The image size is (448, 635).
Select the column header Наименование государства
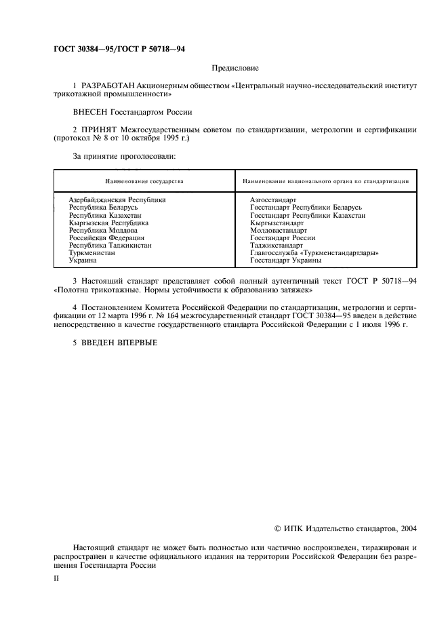144,181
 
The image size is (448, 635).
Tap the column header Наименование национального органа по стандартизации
325,181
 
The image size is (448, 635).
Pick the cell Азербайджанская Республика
117,200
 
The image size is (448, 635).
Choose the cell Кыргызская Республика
108,223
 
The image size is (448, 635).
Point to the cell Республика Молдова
103,230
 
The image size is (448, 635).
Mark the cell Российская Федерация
106,237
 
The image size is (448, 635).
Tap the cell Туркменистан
92,252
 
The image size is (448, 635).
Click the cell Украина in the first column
83,260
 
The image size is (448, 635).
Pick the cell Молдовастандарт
279,230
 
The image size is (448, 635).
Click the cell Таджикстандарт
277,245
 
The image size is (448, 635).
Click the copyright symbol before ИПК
277,526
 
